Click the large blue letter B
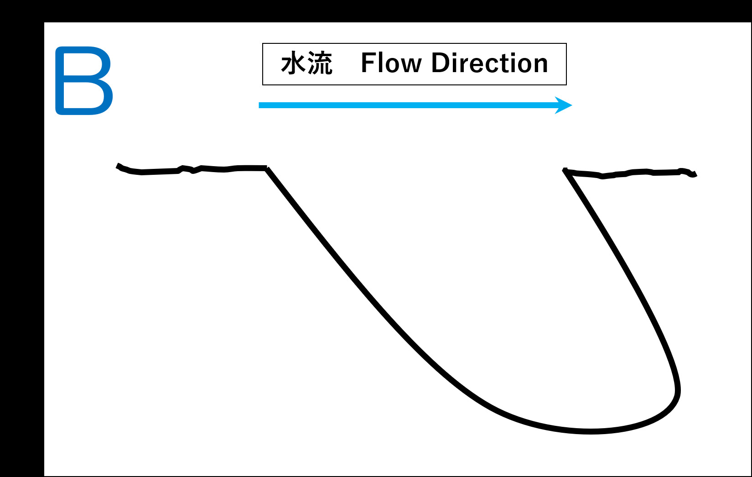(x=84, y=80)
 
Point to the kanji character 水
(x=292, y=63)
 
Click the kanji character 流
(x=320, y=63)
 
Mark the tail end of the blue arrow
(x=260, y=105)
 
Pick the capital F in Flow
(x=368, y=63)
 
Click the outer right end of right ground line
(x=695, y=174)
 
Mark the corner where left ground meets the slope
(x=267, y=168)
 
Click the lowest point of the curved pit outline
(x=591, y=431)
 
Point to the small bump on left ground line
(x=184, y=168)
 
